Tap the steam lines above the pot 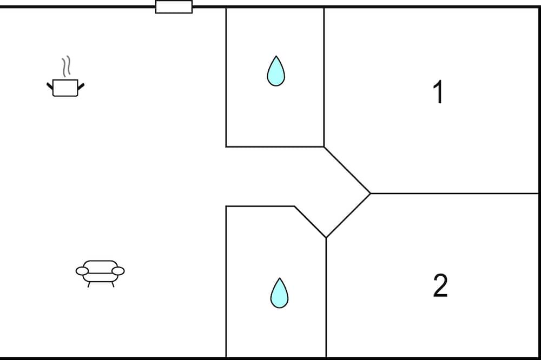click(x=66, y=66)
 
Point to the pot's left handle click(x=50, y=86)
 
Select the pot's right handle click(x=81, y=86)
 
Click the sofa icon click(x=100, y=274)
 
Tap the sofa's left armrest click(x=82, y=271)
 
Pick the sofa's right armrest click(x=118, y=271)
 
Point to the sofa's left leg click(x=89, y=284)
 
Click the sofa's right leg click(x=113, y=284)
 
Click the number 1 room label click(x=438, y=92)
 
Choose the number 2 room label click(x=440, y=285)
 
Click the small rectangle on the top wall click(x=174, y=7)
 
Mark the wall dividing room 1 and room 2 click(x=454, y=194)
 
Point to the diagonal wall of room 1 click(x=347, y=170)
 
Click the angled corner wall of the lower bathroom click(x=310, y=222)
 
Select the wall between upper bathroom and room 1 click(x=324, y=77)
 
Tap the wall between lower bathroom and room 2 click(x=326, y=298)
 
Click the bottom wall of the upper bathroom click(x=275, y=147)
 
